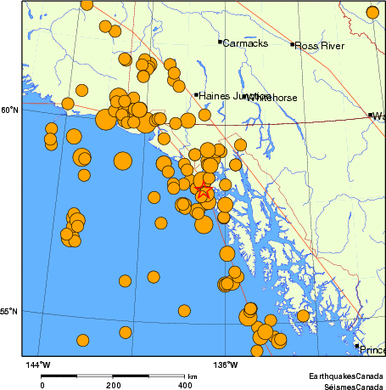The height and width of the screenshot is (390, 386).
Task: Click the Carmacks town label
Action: click(245, 42)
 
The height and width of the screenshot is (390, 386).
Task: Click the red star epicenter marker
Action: click(204, 193)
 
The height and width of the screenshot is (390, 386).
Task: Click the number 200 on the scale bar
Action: click(113, 385)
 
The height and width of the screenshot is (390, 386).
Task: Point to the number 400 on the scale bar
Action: click(184, 385)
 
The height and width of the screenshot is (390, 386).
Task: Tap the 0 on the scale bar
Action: click(42, 385)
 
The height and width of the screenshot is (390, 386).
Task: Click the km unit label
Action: click(193, 376)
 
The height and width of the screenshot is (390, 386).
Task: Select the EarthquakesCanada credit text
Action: click(346, 376)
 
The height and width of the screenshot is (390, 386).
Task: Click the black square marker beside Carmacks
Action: click(220, 41)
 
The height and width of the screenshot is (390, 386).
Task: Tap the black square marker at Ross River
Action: click(292, 44)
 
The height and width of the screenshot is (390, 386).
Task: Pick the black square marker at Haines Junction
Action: click(197, 95)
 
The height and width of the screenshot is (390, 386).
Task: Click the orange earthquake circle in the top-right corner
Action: click(372, 11)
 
